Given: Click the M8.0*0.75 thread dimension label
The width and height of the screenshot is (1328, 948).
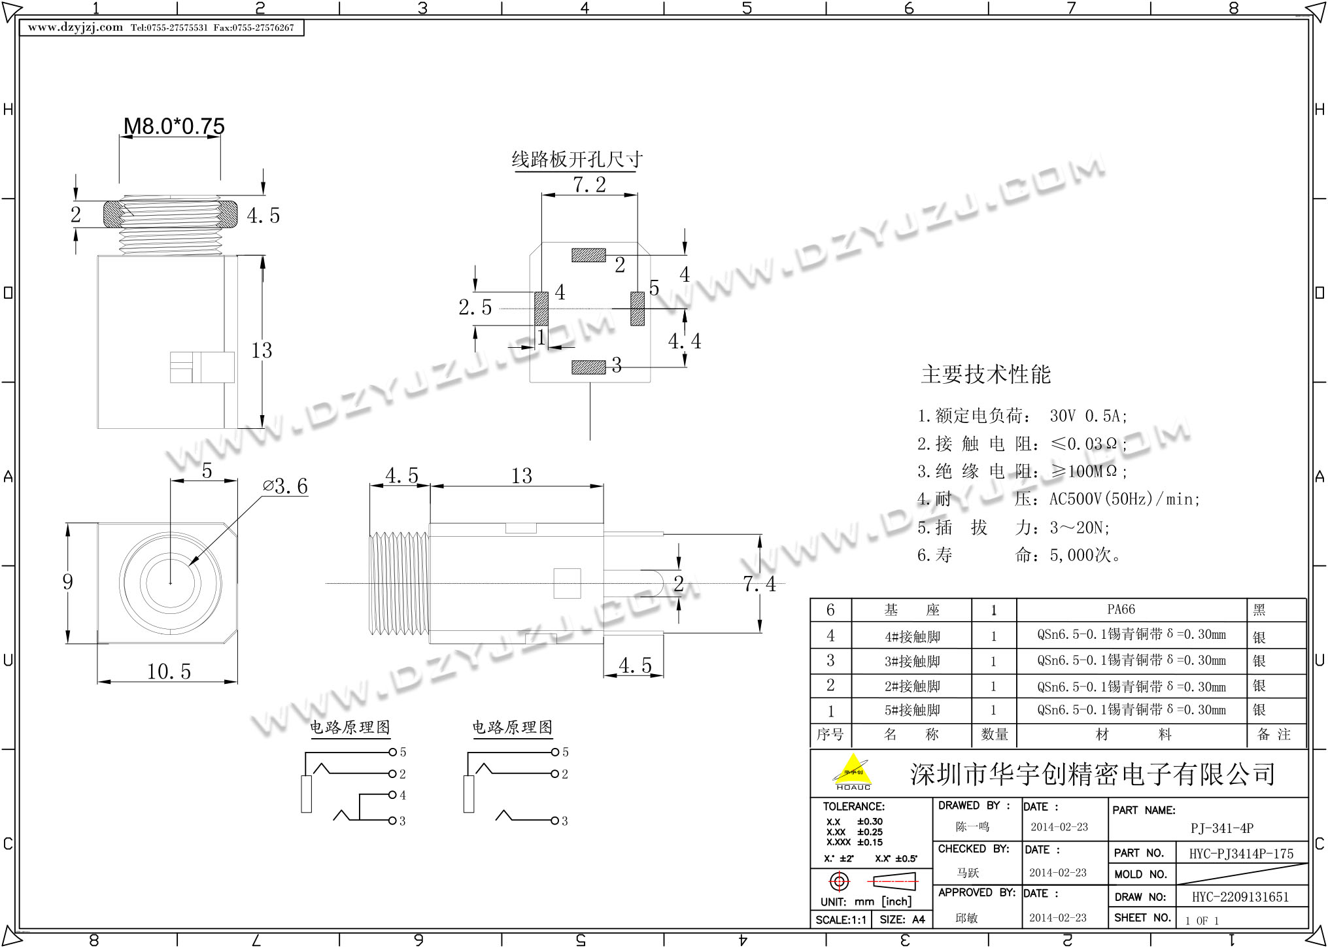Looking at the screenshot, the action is (x=174, y=126).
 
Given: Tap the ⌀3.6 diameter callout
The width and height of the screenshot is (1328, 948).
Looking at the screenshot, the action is (x=285, y=486).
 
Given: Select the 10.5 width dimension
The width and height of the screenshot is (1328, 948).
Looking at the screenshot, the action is (x=169, y=671).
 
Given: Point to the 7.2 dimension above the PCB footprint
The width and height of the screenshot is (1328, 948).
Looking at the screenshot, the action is (x=589, y=184).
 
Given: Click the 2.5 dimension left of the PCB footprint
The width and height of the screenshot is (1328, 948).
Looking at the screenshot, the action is (x=475, y=307).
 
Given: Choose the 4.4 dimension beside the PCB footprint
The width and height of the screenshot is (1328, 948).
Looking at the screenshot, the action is (x=684, y=341).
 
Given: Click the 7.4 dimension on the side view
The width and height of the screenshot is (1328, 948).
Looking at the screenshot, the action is (x=759, y=584).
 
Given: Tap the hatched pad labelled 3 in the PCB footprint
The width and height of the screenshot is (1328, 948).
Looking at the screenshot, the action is (x=588, y=367).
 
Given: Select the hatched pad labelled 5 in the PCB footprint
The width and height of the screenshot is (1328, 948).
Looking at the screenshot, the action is (x=637, y=309).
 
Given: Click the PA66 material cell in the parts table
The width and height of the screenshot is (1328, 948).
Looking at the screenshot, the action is (x=1121, y=609).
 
